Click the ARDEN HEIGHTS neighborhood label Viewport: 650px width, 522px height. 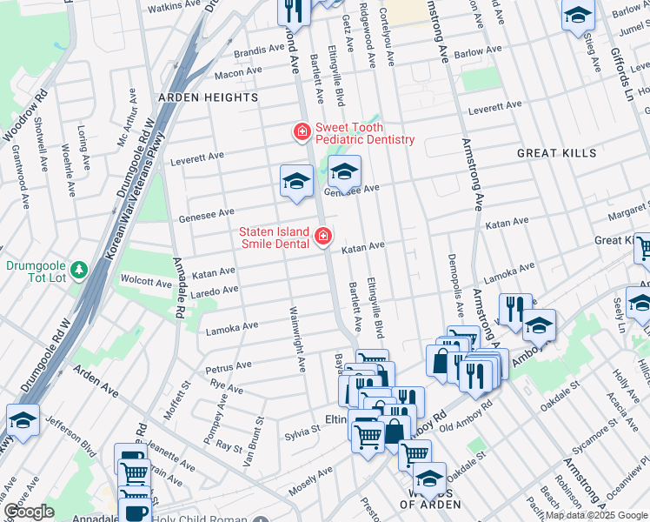208,97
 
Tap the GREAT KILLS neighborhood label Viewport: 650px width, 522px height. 556,153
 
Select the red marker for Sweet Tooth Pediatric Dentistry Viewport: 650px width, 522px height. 302,132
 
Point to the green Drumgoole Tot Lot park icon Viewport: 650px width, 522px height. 80,271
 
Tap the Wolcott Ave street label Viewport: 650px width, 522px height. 146,282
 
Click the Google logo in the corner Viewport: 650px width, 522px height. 29,512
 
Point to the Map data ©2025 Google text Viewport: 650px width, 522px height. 596,515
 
